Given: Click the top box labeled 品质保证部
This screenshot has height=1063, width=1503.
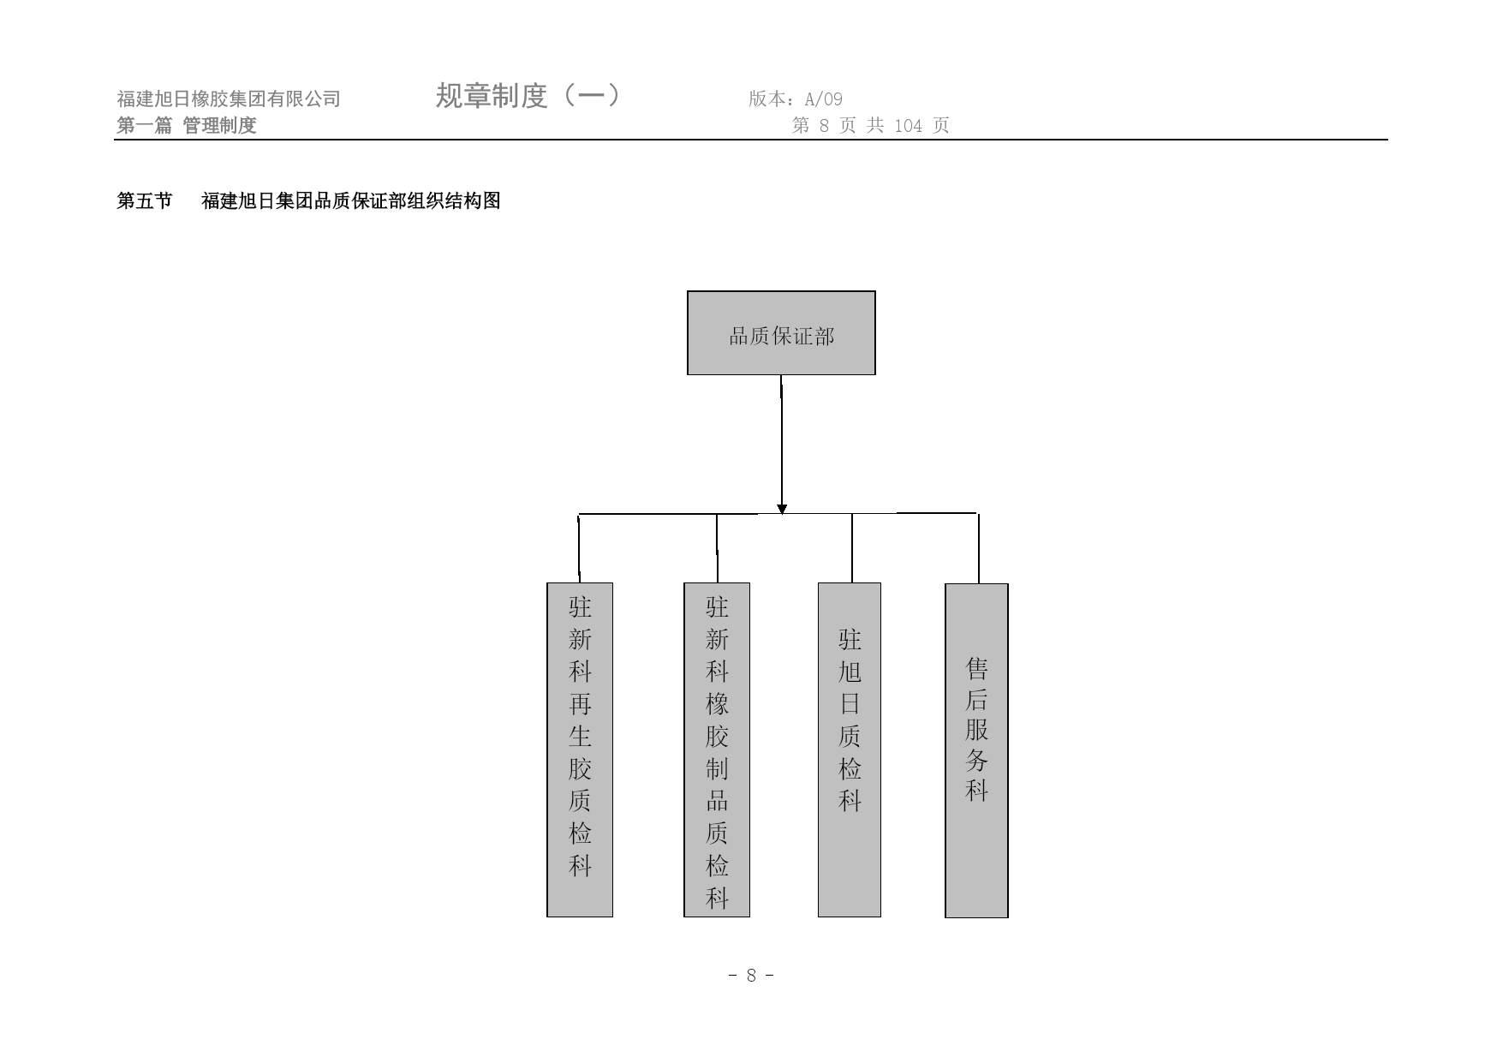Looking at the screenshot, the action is pos(781,333).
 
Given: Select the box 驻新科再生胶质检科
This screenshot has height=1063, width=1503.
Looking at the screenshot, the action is pos(580,749).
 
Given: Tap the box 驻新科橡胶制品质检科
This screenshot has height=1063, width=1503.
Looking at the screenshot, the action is pos(717,749).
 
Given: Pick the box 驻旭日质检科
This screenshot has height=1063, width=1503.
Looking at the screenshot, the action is pos(850,749).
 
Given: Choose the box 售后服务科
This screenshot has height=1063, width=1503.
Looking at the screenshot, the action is pos(976,750).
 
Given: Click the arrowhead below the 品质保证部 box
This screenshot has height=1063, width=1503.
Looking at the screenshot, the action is pos(782,509).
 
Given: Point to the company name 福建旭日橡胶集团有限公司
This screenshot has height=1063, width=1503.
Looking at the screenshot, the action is pos(229,99).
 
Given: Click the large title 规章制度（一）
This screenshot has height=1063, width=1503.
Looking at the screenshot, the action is pos(528,95).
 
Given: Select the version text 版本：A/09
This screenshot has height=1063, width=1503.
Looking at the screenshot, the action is pos(796,99).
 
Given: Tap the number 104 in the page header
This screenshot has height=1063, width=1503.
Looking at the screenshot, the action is pos(908,126).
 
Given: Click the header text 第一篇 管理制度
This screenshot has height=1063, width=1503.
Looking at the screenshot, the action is pos(187,126).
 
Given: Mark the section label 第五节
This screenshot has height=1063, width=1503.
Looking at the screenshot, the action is pos(144,201).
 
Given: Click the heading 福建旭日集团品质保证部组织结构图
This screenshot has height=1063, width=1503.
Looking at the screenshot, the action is pos(351,201).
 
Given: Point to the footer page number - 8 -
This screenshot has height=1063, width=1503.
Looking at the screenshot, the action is pos(751,976).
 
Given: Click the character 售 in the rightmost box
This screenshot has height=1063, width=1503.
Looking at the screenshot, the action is pos(976,667).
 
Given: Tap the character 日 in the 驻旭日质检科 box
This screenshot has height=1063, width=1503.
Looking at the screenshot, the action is pos(850,704).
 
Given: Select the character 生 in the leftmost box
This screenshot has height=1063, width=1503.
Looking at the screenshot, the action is pos(580,737).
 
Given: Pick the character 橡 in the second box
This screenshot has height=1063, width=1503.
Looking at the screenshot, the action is pos(717,704).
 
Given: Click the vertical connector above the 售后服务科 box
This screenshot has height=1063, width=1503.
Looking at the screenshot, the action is pos(978,548).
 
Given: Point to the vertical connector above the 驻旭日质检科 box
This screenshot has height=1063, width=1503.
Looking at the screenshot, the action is pos(852,548).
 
